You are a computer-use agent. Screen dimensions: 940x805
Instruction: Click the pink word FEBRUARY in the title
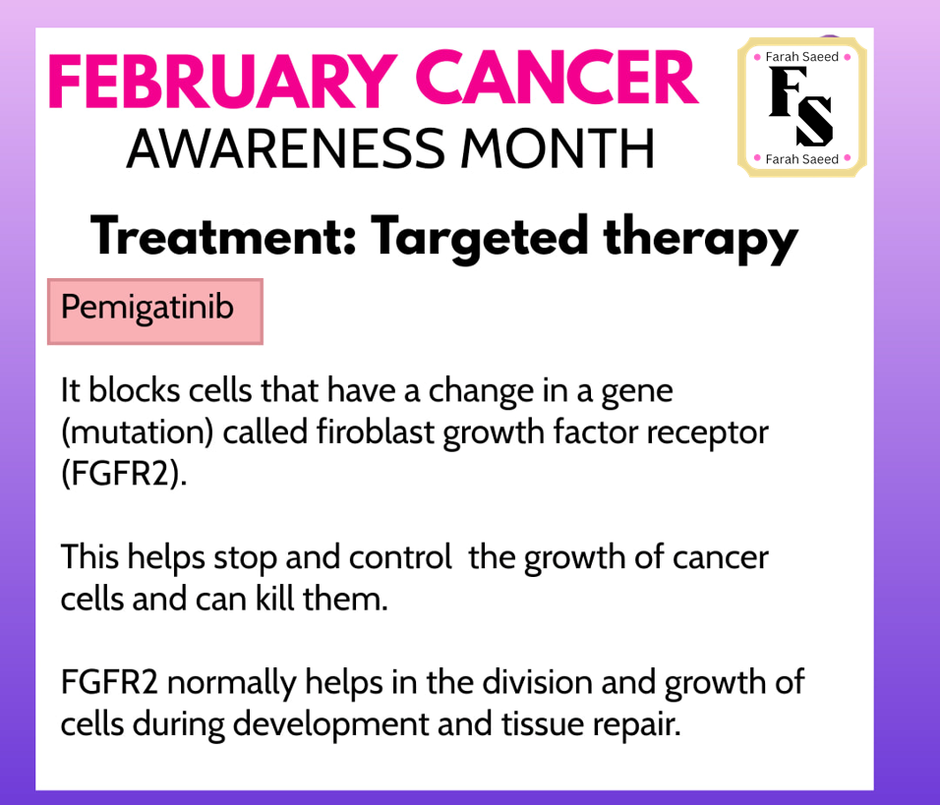pos(222,81)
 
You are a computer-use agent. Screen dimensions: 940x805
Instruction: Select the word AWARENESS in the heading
pos(286,148)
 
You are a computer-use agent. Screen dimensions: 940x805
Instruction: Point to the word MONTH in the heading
pos(557,148)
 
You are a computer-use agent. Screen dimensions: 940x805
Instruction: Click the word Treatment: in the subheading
pos(223,236)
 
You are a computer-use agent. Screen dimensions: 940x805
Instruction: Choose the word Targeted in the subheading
pos(480,239)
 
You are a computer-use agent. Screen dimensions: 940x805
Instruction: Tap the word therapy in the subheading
pos(700,239)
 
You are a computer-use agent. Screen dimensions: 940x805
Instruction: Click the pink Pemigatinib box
pos(155,312)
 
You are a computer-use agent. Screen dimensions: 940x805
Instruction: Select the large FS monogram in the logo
pos(801,107)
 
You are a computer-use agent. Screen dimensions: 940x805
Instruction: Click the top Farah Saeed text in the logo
pos(802,57)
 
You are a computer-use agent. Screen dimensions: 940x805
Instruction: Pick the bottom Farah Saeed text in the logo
pos(802,159)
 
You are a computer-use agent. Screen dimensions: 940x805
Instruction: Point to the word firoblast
pos(376,431)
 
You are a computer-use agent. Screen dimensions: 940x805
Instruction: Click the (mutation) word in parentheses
pos(138,432)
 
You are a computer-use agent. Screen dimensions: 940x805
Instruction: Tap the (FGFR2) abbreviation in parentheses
pos(124,474)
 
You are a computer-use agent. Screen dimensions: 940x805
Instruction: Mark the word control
pos(400,557)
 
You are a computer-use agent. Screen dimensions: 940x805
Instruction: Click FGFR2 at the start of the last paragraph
pos(109,682)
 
